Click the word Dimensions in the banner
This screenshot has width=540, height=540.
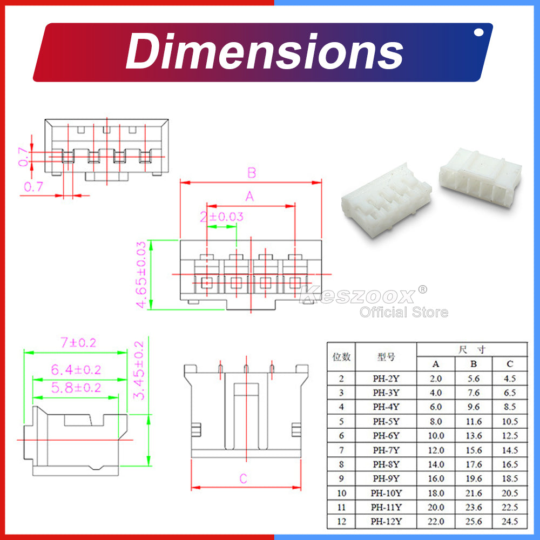coord(265,52)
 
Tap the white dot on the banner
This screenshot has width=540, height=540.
coord(478,32)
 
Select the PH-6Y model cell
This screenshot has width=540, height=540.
coord(386,436)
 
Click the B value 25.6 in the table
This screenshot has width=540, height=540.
coord(474,522)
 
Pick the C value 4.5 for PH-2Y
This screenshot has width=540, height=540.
coord(510,379)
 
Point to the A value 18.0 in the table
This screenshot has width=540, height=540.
coord(436,493)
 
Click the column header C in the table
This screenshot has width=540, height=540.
coord(510,364)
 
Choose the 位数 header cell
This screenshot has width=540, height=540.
coord(341,357)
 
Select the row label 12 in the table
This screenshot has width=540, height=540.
coord(341,522)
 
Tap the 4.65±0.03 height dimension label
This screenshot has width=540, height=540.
coord(141,274)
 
